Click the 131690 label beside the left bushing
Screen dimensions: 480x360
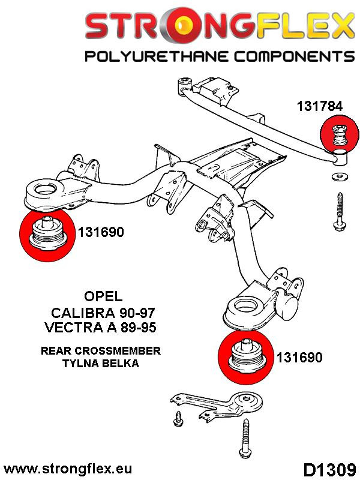tap(100, 232)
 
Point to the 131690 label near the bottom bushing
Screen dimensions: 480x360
tap(299, 358)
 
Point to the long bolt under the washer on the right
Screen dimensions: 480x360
tap(337, 213)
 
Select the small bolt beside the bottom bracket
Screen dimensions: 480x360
tap(178, 419)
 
